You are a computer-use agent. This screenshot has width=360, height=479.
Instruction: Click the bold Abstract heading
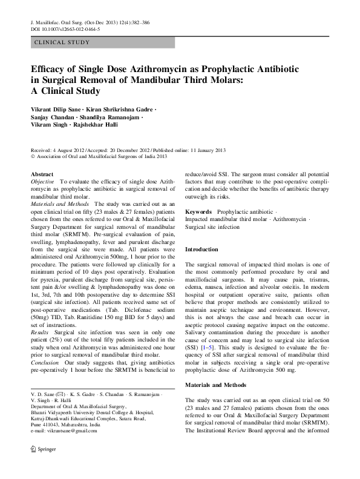coord(41,174)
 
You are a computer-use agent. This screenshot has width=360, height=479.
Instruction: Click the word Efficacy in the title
coord(50,71)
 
